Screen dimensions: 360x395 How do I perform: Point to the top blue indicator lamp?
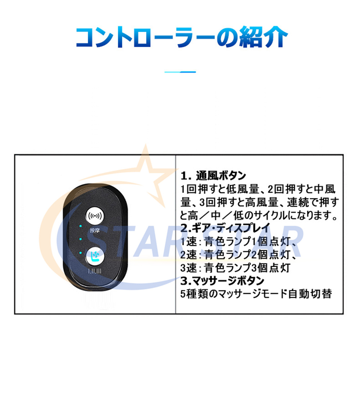pos(80,226)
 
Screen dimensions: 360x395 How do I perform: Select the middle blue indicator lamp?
pos(80,239)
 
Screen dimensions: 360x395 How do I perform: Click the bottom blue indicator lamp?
pos(80,252)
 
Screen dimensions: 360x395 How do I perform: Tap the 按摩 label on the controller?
pos(95,230)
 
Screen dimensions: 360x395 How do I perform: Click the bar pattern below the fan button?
pos(95,271)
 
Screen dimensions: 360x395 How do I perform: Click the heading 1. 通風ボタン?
pos(213,176)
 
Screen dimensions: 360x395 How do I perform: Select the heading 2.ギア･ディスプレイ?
pos(225,228)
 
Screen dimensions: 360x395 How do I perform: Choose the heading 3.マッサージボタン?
pos(222,280)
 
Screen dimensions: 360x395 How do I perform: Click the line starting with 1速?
pos(238,241)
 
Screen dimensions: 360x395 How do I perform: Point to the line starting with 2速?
pos(238,255)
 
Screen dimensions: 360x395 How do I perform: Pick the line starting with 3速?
pos(235,268)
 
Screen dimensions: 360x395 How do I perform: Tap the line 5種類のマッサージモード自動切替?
pos(256,294)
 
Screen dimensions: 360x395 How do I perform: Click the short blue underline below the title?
pos(180,72)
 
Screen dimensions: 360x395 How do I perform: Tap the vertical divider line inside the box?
pos(175,234)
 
